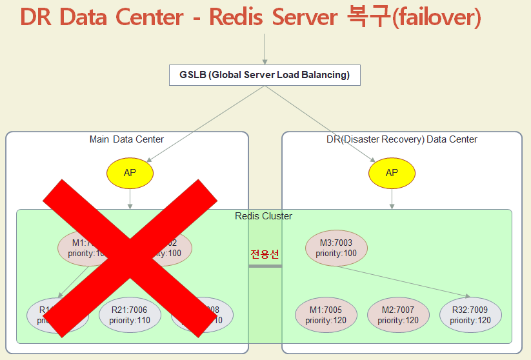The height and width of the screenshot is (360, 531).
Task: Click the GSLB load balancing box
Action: pyautogui.click(x=265, y=75)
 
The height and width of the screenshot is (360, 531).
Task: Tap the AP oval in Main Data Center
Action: pyautogui.click(x=130, y=173)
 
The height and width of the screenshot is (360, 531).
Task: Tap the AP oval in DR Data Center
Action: pyautogui.click(x=392, y=173)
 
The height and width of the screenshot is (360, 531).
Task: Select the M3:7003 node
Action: pyautogui.click(x=336, y=248)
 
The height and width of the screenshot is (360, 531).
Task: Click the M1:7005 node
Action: pyautogui.click(x=326, y=315)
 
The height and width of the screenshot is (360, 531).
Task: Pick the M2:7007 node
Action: pyautogui.click(x=398, y=315)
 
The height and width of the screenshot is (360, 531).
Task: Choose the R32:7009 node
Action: pyautogui.click(x=470, y=315)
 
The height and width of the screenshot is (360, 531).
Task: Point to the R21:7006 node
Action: pyautogui.click(x=130, y=315)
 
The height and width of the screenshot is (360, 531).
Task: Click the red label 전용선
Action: pyautogui.click(x=265, y=254)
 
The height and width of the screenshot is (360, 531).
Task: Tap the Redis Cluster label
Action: pyautogui.click(x=263, y=216)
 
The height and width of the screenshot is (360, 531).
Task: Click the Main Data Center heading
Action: pyautogui.click(x=126, y=139)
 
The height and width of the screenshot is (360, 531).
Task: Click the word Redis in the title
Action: pyautogui.click(x=239, y=17)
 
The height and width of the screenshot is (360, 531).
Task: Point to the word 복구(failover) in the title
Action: pyautogui.click(x=410, y=17)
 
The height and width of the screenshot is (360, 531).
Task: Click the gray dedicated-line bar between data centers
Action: pyautogui.click(x=265, y=266)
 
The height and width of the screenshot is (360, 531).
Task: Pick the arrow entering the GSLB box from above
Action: pyautogui.click(x=265, y=48)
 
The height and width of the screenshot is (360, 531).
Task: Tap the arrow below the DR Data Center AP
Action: pyautogui.click(x=392, y=198)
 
